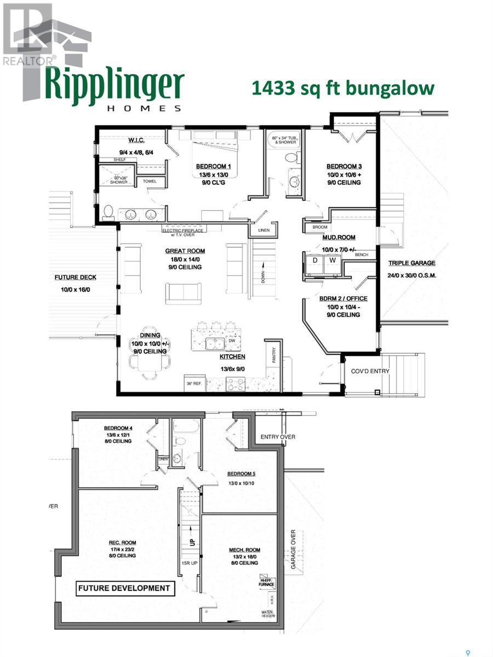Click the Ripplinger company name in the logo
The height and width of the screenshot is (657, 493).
tap(114, 84)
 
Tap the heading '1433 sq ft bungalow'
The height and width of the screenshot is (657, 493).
tap(343, 88)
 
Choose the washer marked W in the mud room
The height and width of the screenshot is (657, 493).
tap(333, 261)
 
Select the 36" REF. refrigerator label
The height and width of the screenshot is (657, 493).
tap(194, 383)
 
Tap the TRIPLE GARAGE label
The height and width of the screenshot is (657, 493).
tap(412, 263)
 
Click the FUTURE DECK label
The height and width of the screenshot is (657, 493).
tap(76, 278)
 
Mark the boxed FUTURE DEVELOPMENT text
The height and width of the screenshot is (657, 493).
tap(124, 589)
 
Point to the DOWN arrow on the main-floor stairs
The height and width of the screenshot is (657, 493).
tap(263, 276)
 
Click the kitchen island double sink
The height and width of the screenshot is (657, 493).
tap(212, 343)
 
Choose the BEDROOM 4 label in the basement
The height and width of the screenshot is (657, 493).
tap(118, 428)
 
